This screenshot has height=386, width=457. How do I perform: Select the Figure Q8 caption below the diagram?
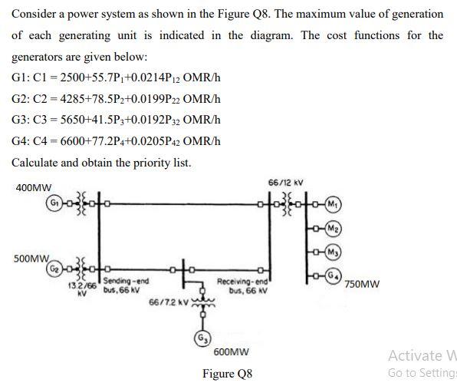[227, 374]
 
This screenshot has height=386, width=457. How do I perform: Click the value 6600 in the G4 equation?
[71, 142]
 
